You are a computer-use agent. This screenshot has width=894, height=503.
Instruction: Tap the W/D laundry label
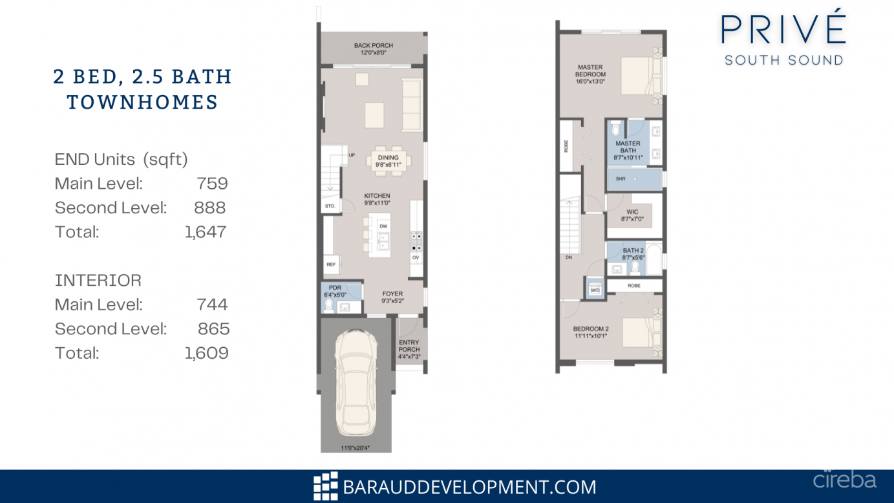pyautogui.click(x=595, y=290)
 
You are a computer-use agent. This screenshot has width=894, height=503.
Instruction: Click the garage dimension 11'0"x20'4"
pyautogui.click(x=356, y=447)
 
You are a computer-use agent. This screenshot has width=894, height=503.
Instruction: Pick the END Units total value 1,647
pyautogui.click(x=206, y=232)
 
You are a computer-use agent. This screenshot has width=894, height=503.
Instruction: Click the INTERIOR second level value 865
pyautogui.click(x=213, y=329)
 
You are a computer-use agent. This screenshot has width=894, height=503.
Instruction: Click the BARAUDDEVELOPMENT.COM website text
pyautogui.click(x=469, y=487)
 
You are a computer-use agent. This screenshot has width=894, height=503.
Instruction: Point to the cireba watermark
pyautogui.click(x=844, y=480)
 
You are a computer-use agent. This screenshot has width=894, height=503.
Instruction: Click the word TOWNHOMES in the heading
pyautogui.click(x=142, y=102)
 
